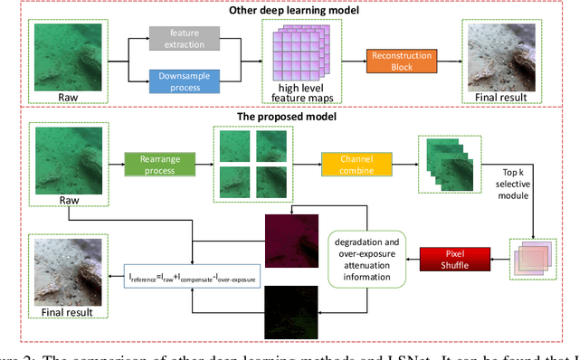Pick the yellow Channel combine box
click(x=355, y=164)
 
